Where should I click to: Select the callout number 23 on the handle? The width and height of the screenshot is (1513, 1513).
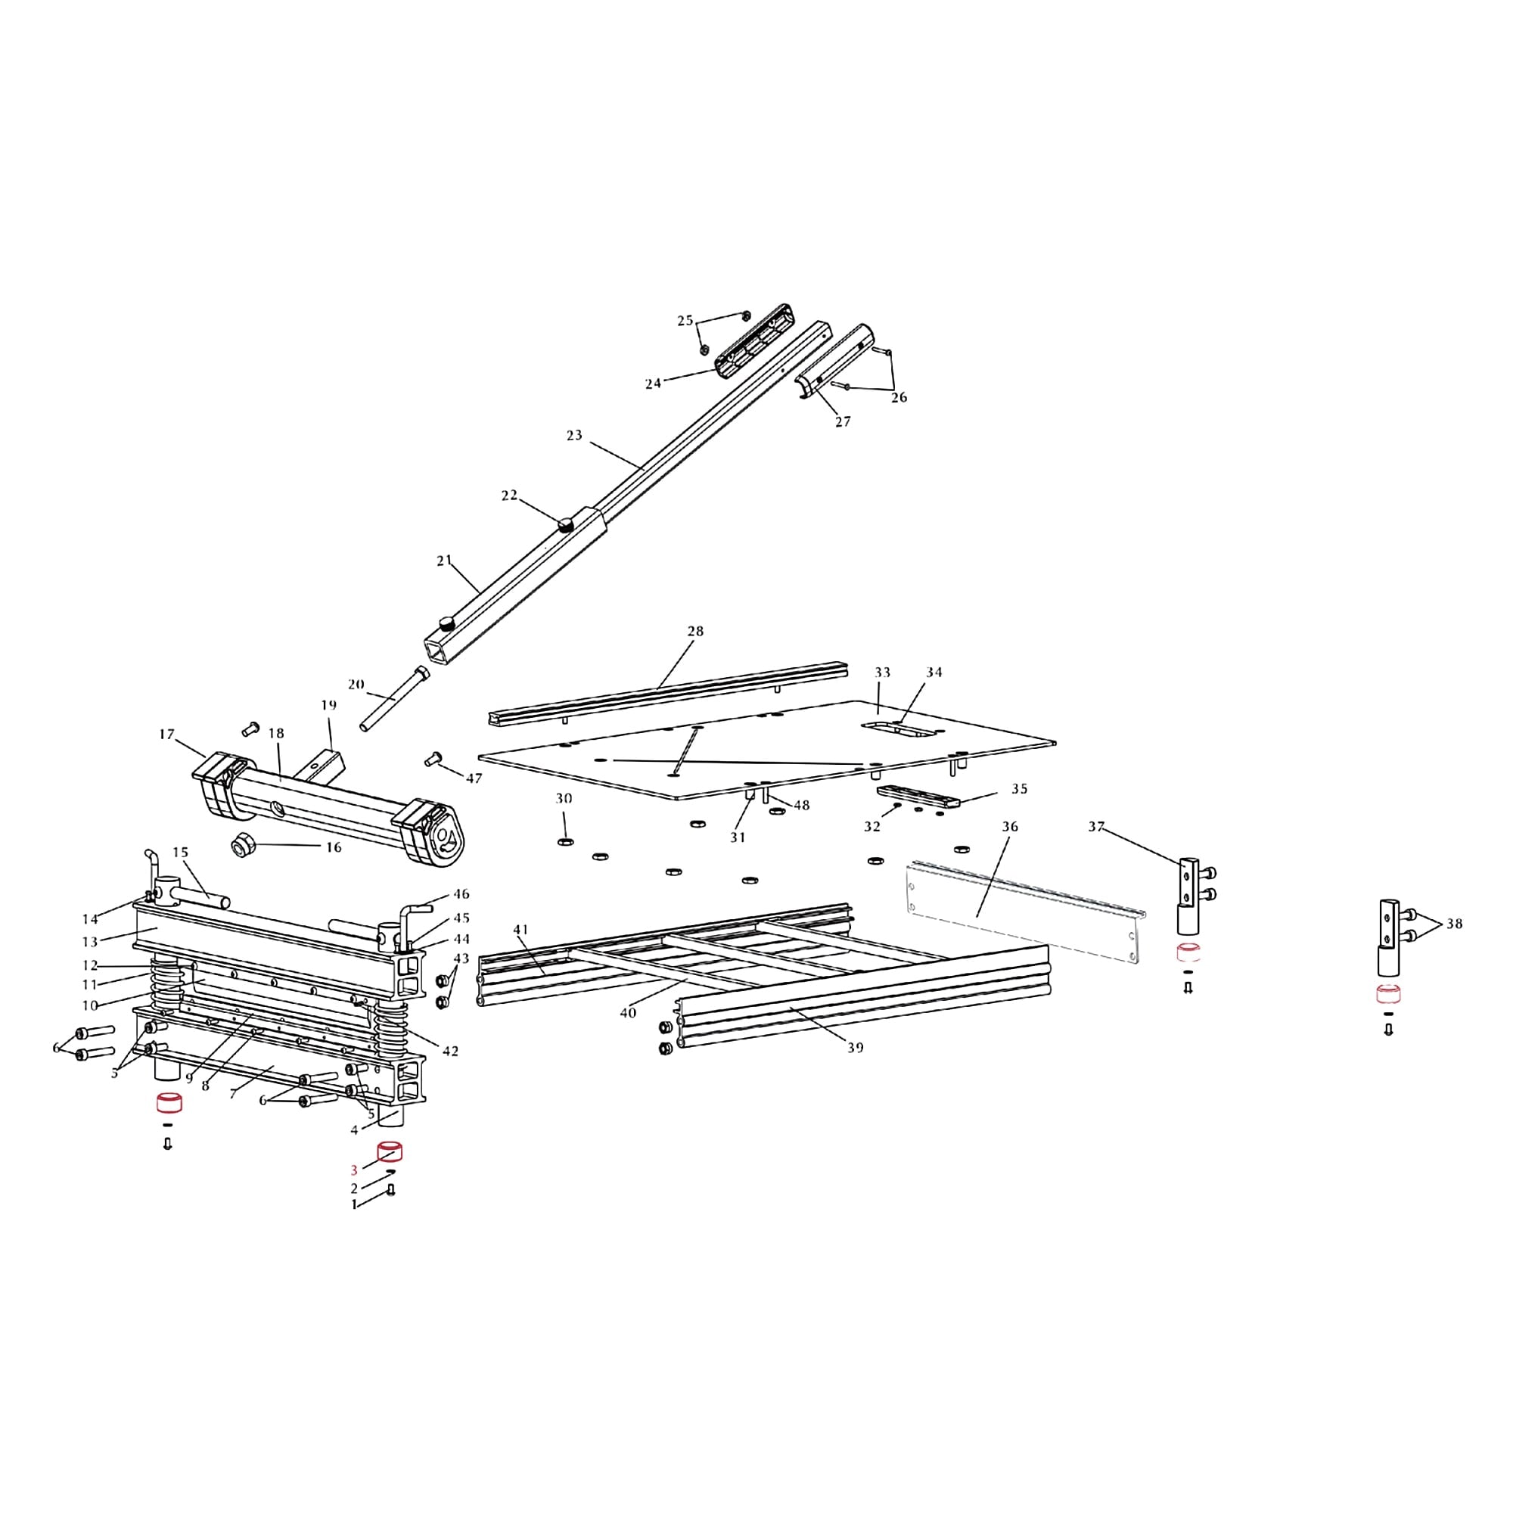pos(574,435)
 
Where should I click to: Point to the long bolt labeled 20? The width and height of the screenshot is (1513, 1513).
pos(393,697)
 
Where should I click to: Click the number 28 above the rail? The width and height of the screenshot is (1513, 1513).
pos(694,631)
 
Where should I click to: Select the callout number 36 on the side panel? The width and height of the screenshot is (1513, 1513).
pos(1009,826)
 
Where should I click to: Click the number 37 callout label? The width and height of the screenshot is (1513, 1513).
pos(1096,826)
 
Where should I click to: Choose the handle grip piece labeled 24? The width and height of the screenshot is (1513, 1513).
pos(752,340)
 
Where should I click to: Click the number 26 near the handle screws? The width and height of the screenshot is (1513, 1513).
pos(899,398)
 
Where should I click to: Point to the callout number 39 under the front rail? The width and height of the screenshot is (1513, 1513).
pos(855,1047)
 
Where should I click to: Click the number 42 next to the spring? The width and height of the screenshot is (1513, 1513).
pos(449,1051)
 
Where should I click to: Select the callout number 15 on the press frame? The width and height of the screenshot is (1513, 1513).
pos(181,852)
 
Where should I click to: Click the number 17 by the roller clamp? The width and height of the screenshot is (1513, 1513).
pos(166,734)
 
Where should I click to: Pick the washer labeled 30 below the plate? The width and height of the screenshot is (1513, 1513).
pos(564,841)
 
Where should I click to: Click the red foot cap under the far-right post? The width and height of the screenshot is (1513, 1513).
pos(1388,996)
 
